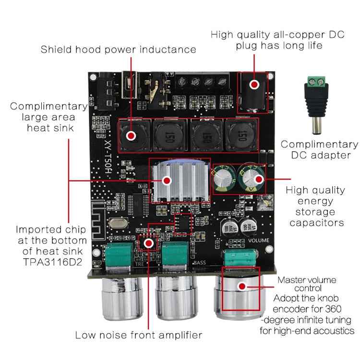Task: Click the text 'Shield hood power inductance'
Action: point(118,49)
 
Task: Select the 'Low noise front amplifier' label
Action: point(138,335)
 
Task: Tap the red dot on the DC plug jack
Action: point(254,84)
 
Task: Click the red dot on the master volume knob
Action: point(242,286)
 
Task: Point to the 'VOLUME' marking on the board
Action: point(258,240)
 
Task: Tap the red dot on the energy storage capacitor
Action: point(259,179)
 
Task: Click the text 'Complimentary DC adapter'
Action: point(319,149)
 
